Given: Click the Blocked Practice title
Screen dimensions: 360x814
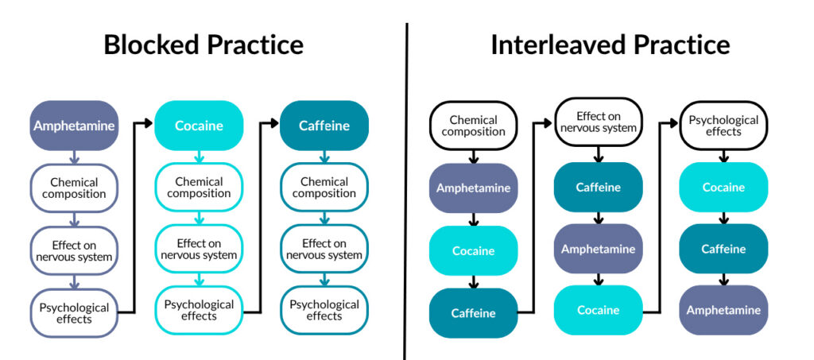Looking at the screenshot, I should [203, 45].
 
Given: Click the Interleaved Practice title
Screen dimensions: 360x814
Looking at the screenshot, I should [610, 45].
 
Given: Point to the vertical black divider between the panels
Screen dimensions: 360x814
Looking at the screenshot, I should [406, 191].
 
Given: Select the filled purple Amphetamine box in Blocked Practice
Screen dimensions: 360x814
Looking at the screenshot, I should [74, 126].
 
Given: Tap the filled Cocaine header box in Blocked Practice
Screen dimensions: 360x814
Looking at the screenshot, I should [199, 126].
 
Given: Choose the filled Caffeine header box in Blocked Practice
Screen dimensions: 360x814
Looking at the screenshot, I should [324, 126].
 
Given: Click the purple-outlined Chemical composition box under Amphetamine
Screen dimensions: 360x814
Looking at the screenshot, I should [74, 188].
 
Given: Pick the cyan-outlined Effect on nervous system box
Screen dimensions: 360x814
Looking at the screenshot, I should [199, 250].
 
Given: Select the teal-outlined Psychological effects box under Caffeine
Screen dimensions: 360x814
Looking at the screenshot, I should [324, 311].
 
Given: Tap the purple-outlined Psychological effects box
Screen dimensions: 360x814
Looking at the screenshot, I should [74, 313].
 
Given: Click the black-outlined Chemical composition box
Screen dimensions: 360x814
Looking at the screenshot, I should [474, 126].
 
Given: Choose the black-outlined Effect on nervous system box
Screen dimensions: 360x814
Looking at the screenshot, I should [598, 122].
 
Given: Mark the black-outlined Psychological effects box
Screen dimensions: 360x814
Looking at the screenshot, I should [723, 126].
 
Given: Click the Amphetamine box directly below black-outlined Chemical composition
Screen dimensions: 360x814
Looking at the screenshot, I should [474, 188].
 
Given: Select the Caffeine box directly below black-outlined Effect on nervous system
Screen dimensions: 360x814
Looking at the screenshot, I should [598, 188].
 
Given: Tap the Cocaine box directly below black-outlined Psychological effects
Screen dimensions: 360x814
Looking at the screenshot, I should [723, 188].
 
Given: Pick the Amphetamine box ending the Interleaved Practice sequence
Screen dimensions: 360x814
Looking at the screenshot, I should [723, 311].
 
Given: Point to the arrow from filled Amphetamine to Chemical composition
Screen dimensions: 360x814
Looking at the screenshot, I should [74, 157].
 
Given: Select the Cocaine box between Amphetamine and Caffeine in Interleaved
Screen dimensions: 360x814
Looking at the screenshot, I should [474, 250].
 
